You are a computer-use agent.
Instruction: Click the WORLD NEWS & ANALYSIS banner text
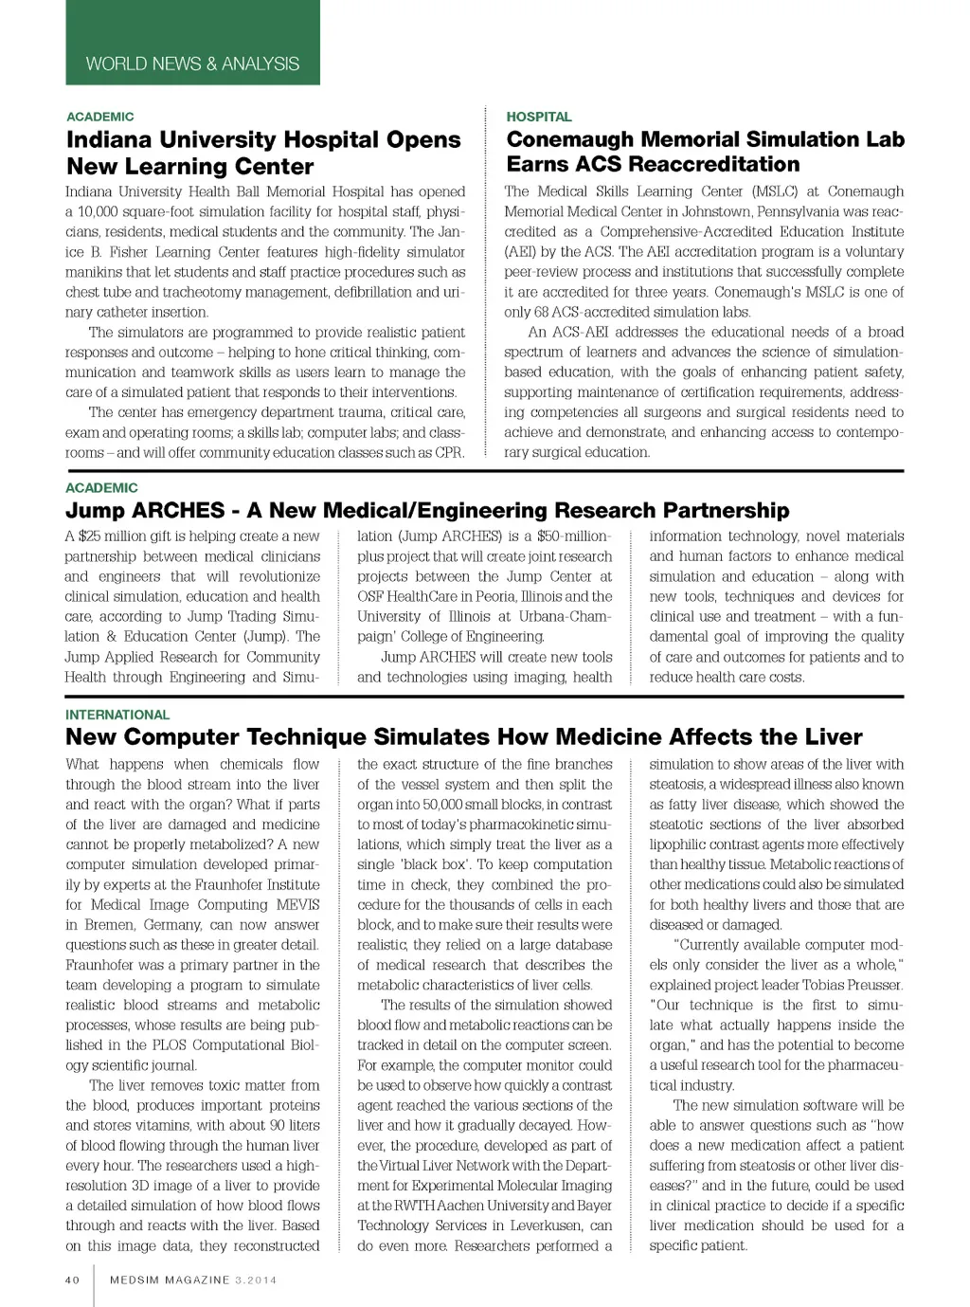[192, 64]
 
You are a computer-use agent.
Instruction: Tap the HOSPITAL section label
[539, 117]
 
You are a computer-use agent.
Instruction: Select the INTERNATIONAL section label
[117, 715]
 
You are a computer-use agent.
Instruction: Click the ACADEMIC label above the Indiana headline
[100, 117]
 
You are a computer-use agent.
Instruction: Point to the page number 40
[73, 1280]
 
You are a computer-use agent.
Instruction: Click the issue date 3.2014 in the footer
[256, 1280]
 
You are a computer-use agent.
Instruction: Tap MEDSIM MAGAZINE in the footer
[170, 1280]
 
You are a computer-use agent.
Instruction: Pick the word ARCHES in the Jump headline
[179, 511]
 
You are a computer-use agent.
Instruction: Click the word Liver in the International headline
[831, 737]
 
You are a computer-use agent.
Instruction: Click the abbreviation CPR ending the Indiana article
[450, 452]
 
